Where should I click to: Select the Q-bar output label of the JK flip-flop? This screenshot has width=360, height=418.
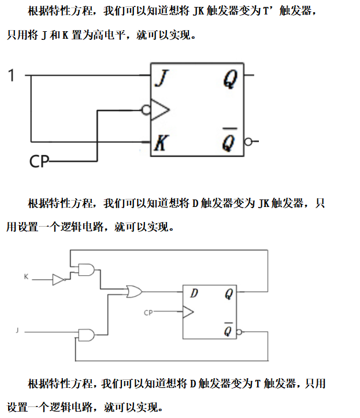[229, 141]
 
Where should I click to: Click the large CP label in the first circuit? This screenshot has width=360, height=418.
[39, 162]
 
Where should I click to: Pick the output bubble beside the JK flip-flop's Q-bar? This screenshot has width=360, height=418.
[248, 141]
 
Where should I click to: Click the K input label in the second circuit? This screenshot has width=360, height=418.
[26, 277]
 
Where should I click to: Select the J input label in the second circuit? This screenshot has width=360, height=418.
[17, 330]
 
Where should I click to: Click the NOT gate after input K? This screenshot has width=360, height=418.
[59, 280]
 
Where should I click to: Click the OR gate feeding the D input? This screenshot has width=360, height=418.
[134, 292]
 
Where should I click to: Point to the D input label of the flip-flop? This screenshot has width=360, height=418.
[194, 293]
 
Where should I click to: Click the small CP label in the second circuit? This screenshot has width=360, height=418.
[149, 313]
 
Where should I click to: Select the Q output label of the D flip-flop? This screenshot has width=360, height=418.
[229, 294]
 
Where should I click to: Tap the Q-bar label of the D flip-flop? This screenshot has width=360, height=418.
[229, 330]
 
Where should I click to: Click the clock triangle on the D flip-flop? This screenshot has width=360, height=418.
[188, 313]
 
